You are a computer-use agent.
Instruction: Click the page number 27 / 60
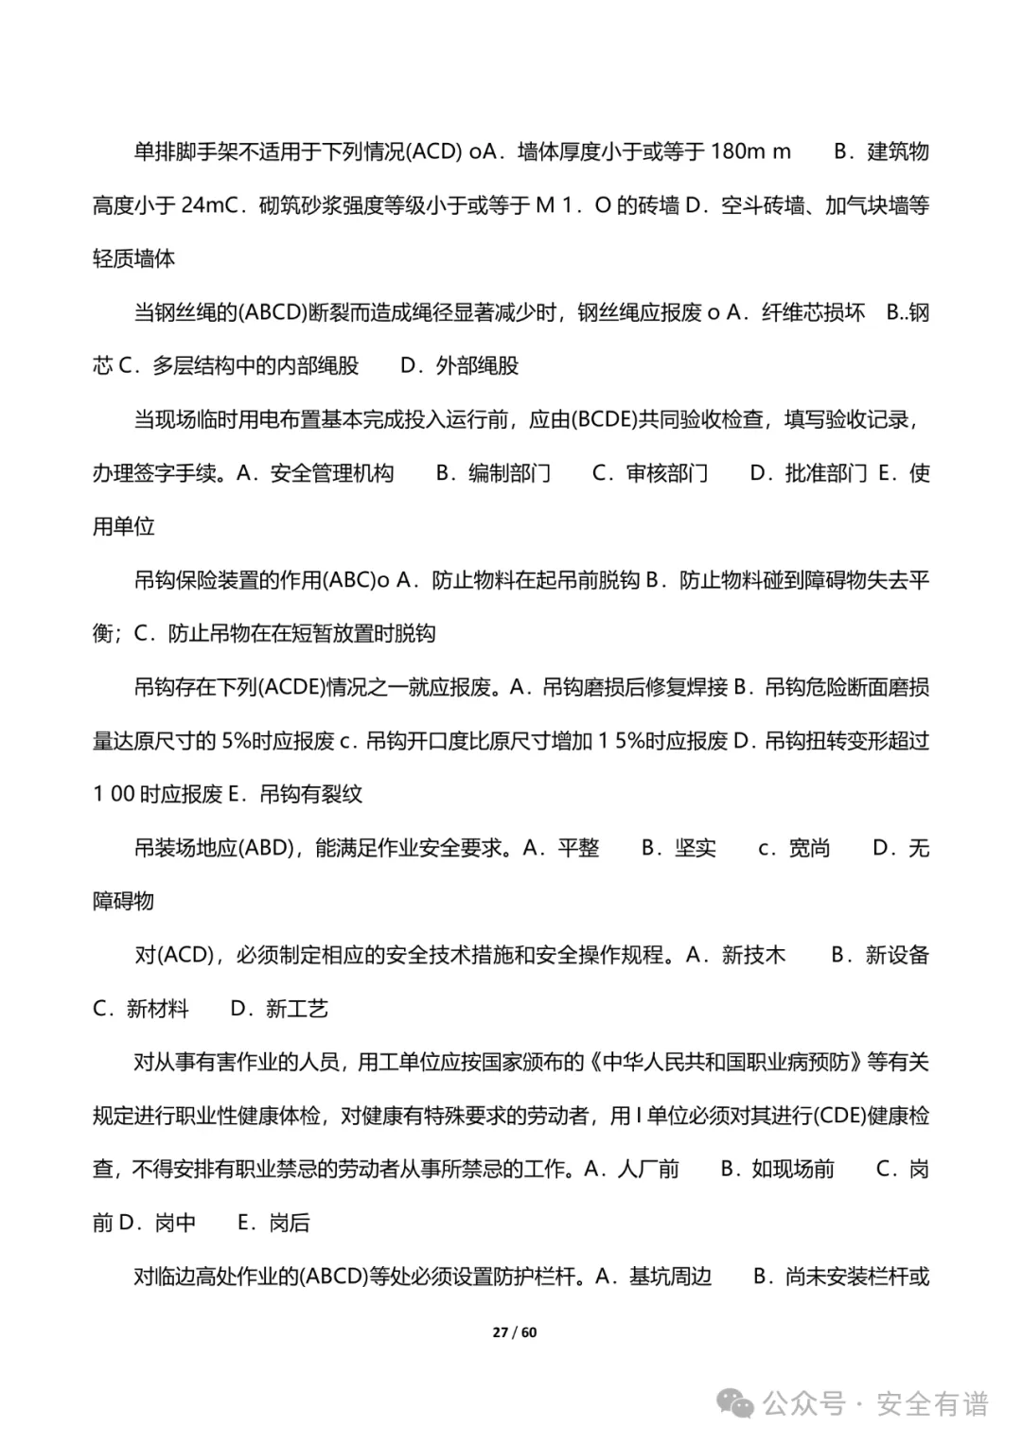(514, 1332)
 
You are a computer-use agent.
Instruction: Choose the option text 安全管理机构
(332, 473)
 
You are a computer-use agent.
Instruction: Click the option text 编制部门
(509, 473)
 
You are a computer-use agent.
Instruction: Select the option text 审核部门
(667, 473)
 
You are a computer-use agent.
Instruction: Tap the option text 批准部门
(825, 473)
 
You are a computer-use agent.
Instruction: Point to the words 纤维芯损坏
(813, 312)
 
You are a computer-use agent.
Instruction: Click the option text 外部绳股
(477, 366)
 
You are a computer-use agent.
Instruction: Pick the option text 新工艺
(297, 1009)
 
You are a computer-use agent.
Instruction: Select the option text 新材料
(158, 1009)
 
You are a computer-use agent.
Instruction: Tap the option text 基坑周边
(670, 1277)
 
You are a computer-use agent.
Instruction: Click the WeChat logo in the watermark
(735, 1403)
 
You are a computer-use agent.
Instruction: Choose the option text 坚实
(696, 848)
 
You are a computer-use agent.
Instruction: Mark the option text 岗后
(290, 1223)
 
